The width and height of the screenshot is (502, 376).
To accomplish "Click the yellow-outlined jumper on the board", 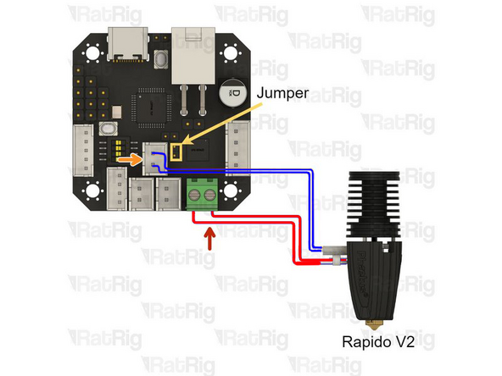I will tap(177, 152).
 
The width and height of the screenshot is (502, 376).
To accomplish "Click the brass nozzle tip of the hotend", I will tap(371, 323).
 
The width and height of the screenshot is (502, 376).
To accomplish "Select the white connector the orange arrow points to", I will tap(154, 158).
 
